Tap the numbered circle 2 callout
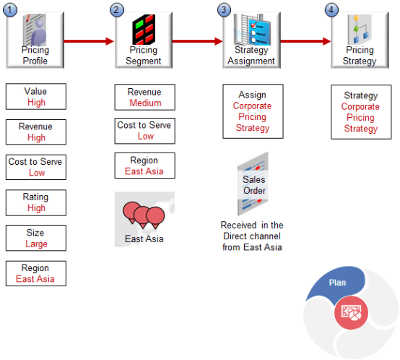(x=117, y=10)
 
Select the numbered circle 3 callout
(x=225, y=10)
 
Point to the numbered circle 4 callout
(x=331, y=10)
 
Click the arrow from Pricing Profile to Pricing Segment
(x=90, y=41)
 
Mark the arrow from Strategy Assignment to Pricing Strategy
(x=305, y=41)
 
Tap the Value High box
(x=35, y=97)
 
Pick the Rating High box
(x=35, y=202)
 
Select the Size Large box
(x=35, y=238)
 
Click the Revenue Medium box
(x=145, y=98)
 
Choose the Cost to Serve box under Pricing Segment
(x=145, y=131)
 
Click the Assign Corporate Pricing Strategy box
(x=252, y=111)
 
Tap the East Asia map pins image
(x=144, y=219)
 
